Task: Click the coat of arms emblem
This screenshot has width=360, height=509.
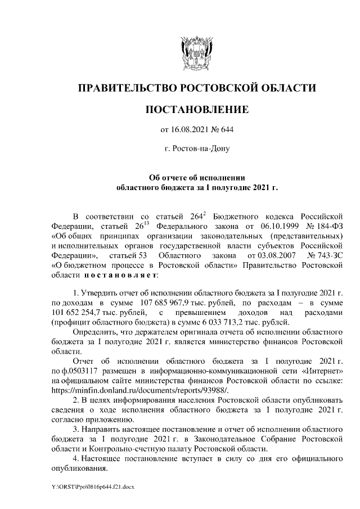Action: (196, 53)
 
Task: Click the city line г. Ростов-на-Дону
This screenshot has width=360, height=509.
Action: (196, 149)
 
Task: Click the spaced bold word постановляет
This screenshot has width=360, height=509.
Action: (116, 277)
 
